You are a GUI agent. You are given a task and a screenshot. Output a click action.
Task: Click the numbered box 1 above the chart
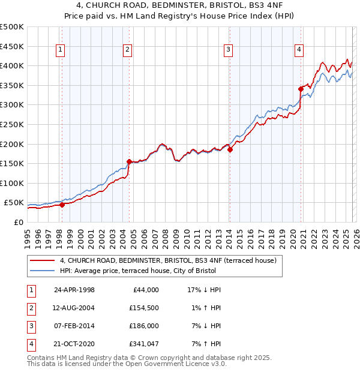pos(61,50)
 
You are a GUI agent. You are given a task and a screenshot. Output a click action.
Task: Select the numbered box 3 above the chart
pos(229,50)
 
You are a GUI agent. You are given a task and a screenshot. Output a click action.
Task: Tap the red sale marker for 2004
pos(129,161)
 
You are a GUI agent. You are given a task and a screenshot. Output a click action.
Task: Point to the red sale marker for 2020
pos(301,89)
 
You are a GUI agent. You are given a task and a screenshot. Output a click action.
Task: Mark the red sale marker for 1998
pos(62,205)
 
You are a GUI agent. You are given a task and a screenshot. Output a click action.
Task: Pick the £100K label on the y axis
pos(12,183)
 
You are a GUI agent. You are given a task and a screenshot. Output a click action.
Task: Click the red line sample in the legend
pos(43,261)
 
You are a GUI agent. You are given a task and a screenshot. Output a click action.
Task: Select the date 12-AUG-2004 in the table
pos(74,308)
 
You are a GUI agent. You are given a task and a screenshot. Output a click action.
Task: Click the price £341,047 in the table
pos(142,344)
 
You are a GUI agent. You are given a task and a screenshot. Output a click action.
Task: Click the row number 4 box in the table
pos(31,344)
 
